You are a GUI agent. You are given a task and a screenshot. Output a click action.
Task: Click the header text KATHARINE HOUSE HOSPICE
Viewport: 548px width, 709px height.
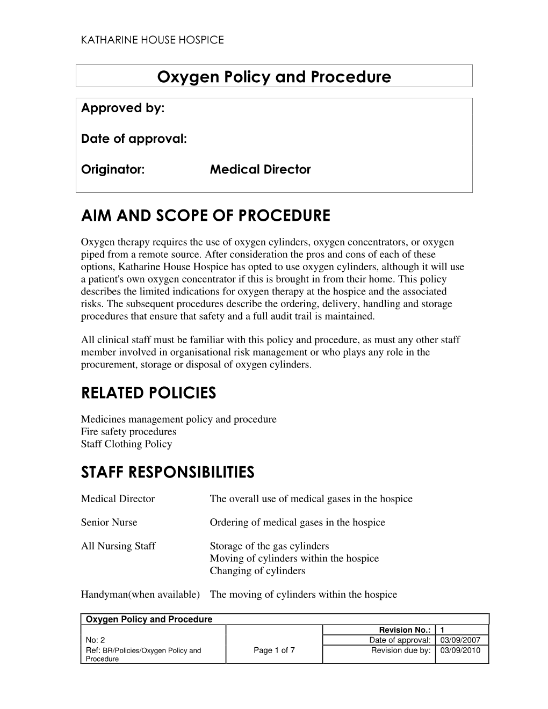[152, 40]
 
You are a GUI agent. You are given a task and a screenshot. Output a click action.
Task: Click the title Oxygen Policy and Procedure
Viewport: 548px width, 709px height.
[274, 77]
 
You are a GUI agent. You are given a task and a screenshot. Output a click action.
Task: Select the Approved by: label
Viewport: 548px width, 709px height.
[122, 108]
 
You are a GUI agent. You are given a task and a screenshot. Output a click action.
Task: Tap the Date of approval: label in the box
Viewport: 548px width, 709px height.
[134, 139]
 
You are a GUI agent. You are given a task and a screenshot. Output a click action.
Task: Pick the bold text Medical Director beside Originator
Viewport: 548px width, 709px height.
[260, 170]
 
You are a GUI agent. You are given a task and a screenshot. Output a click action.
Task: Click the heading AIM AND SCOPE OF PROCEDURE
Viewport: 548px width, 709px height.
[206, 216]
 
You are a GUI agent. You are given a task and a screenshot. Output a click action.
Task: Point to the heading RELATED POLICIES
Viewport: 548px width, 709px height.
[148, 393]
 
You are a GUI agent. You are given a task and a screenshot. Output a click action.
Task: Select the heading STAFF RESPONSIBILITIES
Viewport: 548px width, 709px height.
[168, 473]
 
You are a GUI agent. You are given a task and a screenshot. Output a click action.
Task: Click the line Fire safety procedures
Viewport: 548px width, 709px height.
[128, 431]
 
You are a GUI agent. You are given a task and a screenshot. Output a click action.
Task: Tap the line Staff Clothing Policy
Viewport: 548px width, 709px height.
[126, 444]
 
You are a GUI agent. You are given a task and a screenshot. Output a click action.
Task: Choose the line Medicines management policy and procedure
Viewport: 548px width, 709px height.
[178, 419]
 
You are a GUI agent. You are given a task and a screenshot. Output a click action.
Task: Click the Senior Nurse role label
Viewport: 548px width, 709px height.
[109, 522]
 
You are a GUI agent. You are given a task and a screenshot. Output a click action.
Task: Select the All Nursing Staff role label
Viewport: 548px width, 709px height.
[118, 546]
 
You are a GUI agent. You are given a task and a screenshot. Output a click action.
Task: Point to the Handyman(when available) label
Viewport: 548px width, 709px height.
[140, 594]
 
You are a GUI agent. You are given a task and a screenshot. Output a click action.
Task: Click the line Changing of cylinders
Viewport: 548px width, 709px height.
[257, 570]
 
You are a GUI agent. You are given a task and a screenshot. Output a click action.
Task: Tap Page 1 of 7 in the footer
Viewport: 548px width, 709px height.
[274, 650]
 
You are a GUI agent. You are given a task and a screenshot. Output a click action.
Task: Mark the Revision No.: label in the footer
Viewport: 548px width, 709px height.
[405, 630]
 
